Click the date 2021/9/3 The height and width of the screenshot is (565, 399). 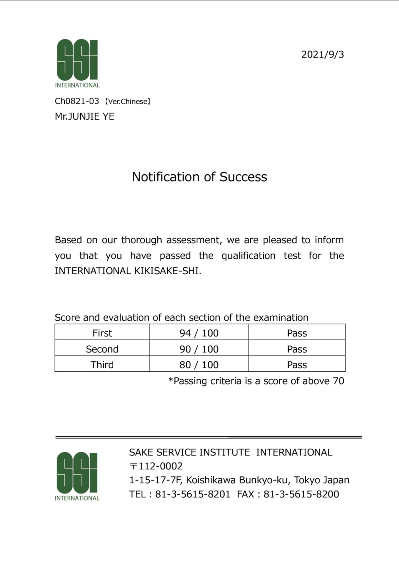click(x=322, y=55)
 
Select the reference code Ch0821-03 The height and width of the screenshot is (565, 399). click(x=77, y=101)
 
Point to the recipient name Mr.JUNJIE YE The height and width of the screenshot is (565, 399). click(x=85, y=117)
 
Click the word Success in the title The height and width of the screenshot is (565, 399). click(x=243, y=177)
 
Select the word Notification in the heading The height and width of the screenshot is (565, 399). click(x=166, y=177)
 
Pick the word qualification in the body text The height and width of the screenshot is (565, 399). click(x=248, y=256)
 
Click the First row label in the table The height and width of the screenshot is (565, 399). click(x=102, y=333)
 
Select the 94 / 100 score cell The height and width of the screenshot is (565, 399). click(x=199, y=333)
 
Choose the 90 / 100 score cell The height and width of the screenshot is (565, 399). click(x=199, y=349)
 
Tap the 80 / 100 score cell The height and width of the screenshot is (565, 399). click(x=199, y=365)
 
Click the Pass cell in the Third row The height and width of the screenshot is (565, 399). click(x=297, y=365)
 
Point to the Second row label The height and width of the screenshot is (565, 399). click(x=102, y=349)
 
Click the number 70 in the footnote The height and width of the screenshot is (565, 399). click(x=338, y=381)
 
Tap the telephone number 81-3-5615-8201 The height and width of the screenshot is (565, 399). click(x=193, y=494)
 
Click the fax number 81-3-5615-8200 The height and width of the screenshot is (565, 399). click(x=301, y=494)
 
